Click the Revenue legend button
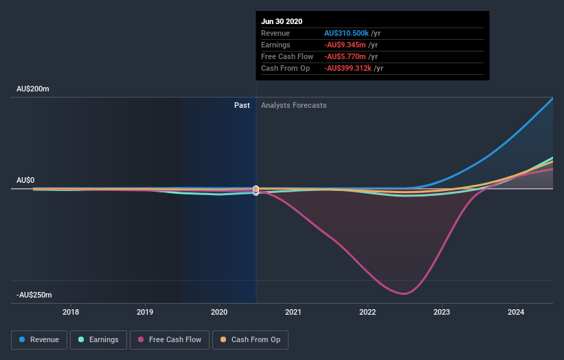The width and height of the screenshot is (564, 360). [x=40, y=339]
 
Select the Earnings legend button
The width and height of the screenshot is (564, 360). [x=99, y=339]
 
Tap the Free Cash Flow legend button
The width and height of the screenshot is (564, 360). [x=169, y=339]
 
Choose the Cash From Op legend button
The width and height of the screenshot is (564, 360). [x=251, y=339]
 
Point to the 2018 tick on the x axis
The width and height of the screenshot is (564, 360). [x=71, y=313]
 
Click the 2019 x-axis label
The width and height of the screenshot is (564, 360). [x=145, y=313]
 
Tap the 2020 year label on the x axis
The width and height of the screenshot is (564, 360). [x=219, y=313]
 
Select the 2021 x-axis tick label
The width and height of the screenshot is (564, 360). [x=294, y=313]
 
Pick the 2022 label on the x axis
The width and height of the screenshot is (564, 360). [x=368, y=313]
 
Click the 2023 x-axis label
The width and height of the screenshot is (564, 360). [x=442, y=313]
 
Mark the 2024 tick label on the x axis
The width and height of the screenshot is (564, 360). [x=517, y=313]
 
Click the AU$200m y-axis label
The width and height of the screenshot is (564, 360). [x=34, y=89]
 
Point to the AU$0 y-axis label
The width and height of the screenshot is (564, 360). [x=26, y=180]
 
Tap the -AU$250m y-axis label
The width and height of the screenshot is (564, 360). [x=35, y=295]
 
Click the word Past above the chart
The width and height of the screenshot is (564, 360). [x=242, y=105]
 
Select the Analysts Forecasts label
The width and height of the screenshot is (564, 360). [x=294, y=105]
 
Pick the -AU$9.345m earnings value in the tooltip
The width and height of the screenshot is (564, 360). [x=346, y=45]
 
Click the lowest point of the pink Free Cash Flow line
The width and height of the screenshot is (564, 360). [x=404, y=294]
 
